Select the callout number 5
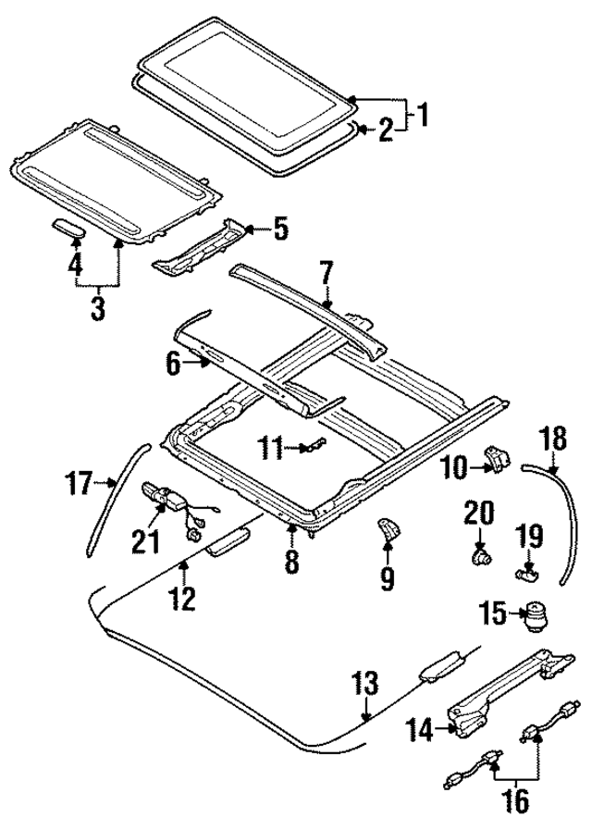[x=280, y=227]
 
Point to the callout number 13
[x=366, y=685]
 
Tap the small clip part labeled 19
[x=526, y=574]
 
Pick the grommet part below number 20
[x=481, y=558]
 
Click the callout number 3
[x=98, y=307]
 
